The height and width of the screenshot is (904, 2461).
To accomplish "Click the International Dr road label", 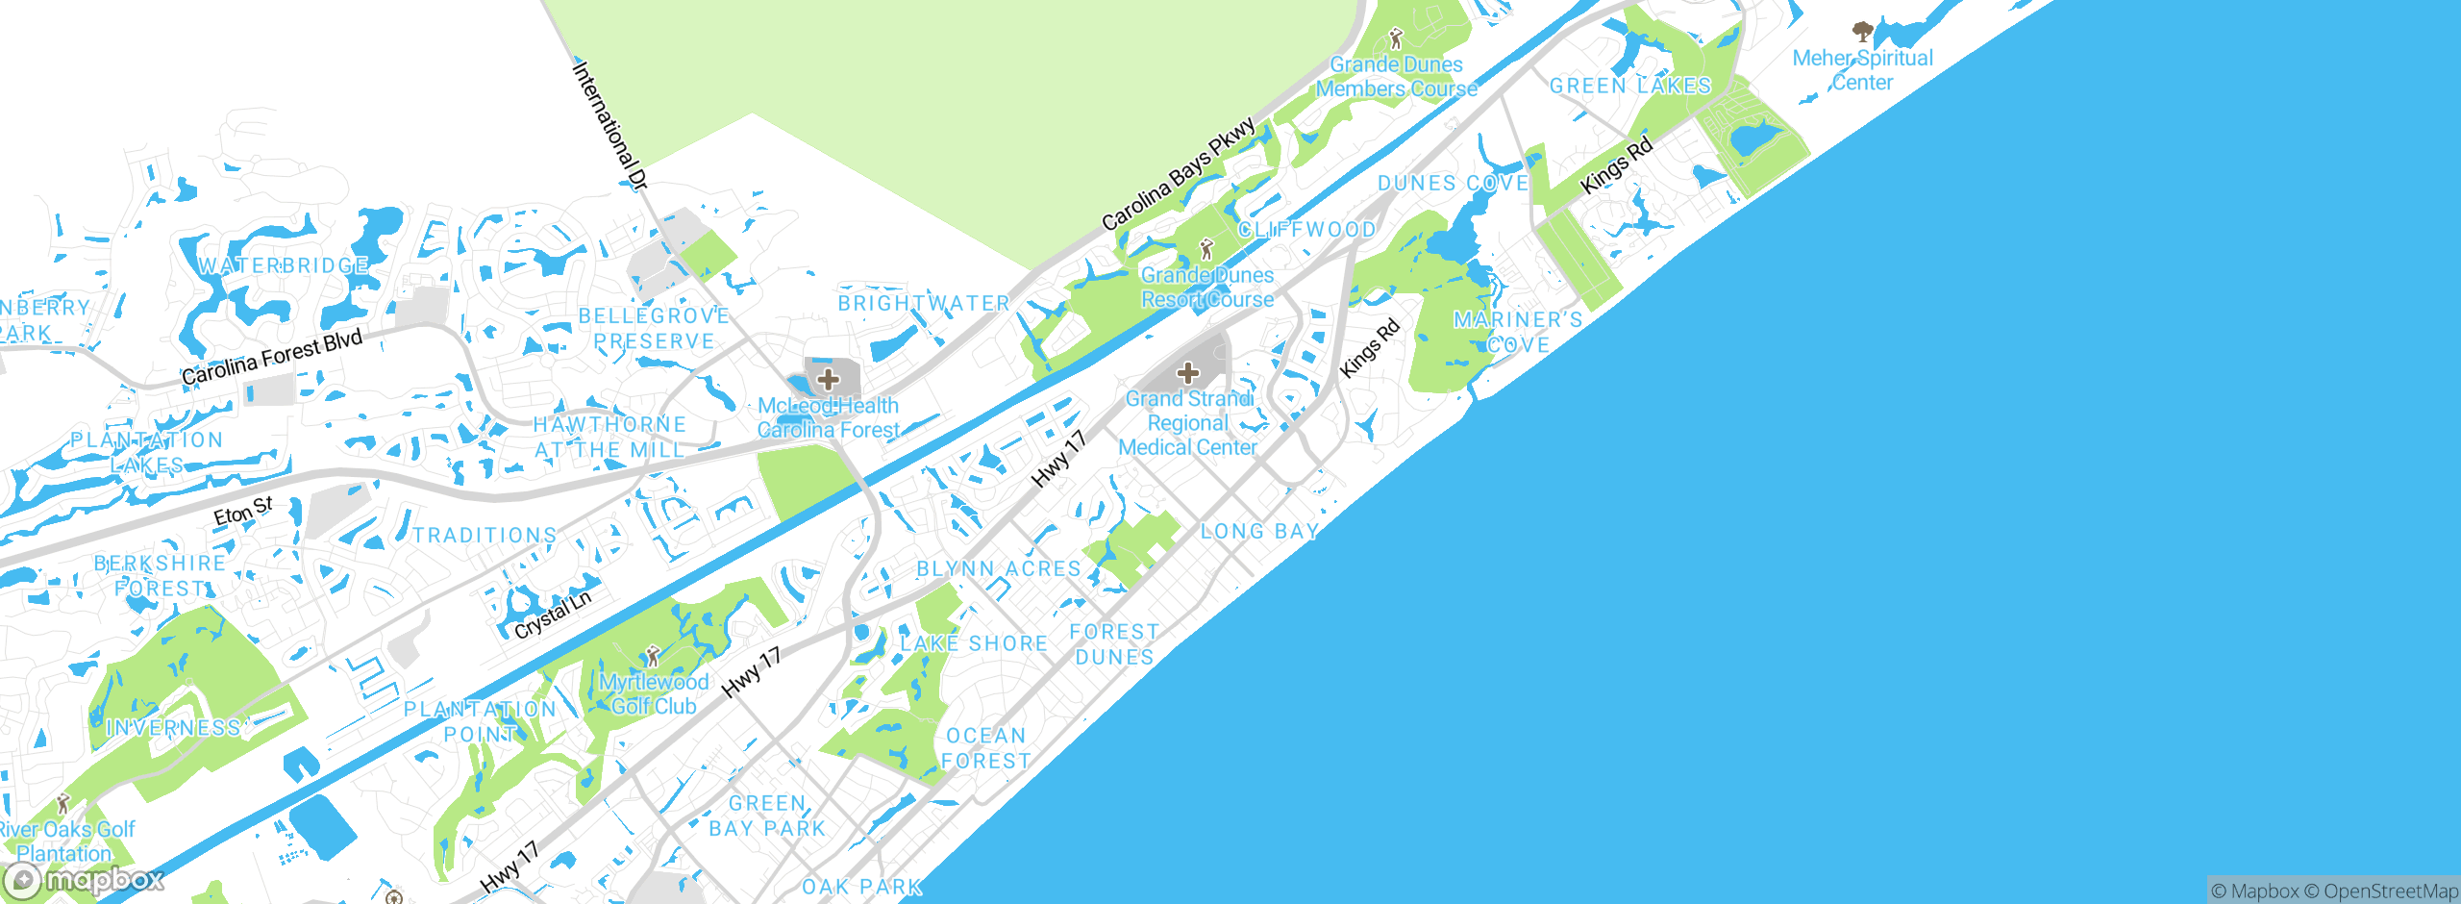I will (610, 125).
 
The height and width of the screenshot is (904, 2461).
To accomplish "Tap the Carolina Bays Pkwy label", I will (1179, 174).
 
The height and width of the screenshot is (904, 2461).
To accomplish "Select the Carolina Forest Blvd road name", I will (272, 357).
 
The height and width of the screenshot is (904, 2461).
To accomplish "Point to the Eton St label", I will (243, 511).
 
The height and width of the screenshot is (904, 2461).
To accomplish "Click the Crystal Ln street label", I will (553, 615).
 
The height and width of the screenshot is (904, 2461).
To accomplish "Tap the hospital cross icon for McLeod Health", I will (829, 379).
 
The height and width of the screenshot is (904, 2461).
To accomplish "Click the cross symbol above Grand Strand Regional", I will (1188, 372).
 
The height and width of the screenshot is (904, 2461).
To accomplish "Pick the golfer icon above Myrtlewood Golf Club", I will (654, 657).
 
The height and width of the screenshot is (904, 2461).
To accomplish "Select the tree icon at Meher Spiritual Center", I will (1863, 32).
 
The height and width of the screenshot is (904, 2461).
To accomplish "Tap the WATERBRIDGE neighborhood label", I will (284, 265).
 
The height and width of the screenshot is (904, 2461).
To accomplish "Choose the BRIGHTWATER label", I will (924, 303).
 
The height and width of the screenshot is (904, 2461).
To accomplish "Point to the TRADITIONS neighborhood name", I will (485, 535).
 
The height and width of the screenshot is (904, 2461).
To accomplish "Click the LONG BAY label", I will (1259, 531).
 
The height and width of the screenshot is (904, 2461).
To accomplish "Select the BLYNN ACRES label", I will (999, 568).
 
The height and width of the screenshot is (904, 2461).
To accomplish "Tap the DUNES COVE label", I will (1453, 183).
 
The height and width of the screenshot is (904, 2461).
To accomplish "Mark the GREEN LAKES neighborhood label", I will (1630, 86).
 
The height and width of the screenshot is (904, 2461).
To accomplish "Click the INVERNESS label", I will (173, 728).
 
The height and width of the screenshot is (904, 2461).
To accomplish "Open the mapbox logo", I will (85, 879).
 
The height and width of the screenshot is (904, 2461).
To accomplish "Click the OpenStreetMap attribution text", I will (2390, 891).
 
